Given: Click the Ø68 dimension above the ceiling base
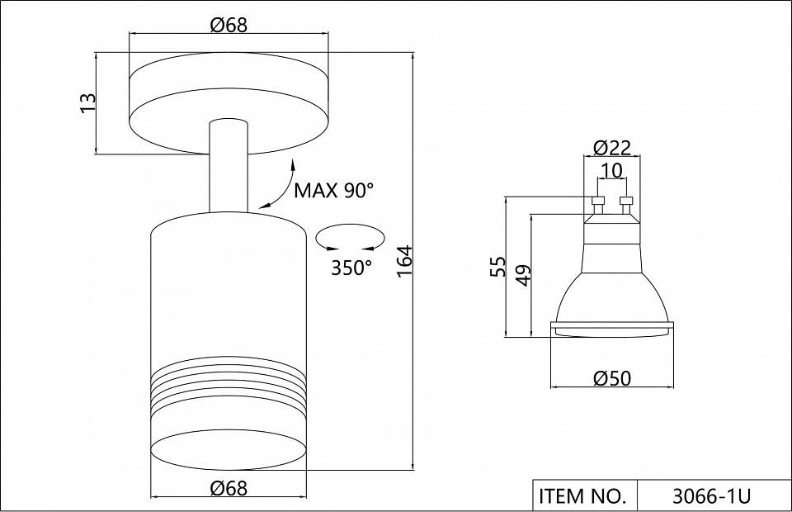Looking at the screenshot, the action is (x=229, y=25).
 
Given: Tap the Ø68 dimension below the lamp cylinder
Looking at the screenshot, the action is (x=229, y=488).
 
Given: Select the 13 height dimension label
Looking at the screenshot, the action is (x=88, y=103).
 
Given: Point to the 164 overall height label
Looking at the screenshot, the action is (x=405, y=261).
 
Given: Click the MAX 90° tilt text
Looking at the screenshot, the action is (x=334, y=191).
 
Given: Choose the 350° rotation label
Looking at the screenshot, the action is (x=351, y=268).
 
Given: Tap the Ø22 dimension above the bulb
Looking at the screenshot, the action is (x=612, y=148).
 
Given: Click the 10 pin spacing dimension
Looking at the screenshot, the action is (x=611, y=171).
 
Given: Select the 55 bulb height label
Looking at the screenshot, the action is (x=498, y=267).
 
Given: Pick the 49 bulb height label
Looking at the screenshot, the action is (x=525, y=275).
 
